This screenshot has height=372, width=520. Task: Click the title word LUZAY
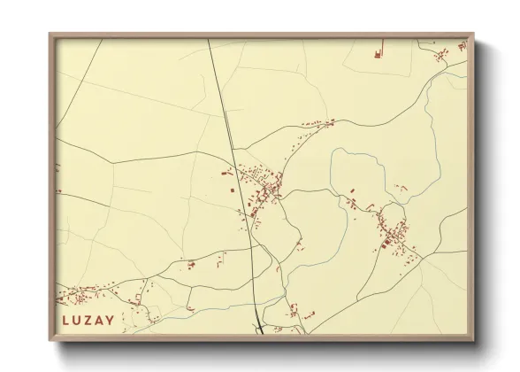point(88,320)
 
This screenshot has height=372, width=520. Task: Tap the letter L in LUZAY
point(66,320)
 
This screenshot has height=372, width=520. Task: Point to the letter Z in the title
point(88,320)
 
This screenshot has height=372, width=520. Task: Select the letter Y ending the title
point(110,320)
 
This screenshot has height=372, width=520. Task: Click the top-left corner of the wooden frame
point(50,34)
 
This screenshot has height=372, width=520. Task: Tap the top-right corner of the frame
point(475,34)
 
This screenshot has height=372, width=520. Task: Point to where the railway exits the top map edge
point(209,40)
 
